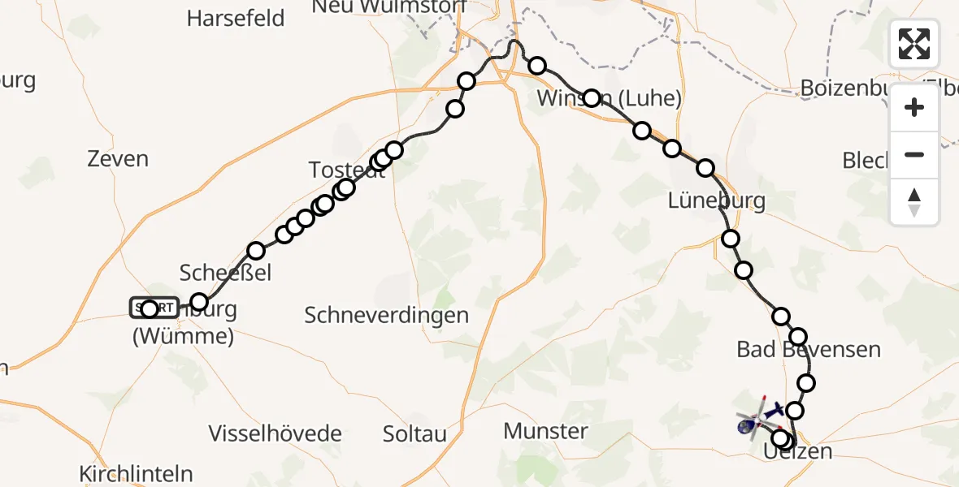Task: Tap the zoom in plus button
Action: (914, 107)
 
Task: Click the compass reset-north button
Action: (914, 202)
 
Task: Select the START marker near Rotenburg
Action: (153, 308)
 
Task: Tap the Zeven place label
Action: (119, 158)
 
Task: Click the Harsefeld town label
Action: (236, 18)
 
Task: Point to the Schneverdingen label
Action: (387, 315)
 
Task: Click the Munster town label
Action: (545, 430)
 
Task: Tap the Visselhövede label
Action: (276, 433)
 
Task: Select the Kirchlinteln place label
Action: (137, 473)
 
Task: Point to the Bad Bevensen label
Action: (809, 350)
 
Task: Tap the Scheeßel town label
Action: (225, 272)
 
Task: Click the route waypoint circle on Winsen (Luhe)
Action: (592, 98)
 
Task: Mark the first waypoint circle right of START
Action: (199, 303)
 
